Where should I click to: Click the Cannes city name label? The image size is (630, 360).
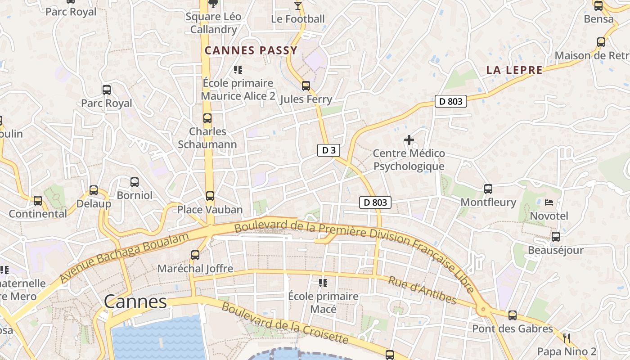click(x=135, y=301)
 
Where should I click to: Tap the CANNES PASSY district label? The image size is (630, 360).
click(x=251, y=50)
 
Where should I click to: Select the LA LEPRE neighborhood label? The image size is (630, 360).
click(x=514, y=70)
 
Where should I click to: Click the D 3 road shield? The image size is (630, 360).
click(x=328, y=150)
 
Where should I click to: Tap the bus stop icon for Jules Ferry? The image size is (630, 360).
click(x=306, y=85)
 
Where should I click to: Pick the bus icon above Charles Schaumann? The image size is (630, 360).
click(x=207, y=118)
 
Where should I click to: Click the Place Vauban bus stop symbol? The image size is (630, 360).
click(x=210, y=196)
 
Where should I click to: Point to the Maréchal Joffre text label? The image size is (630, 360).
click(x=195, y=269)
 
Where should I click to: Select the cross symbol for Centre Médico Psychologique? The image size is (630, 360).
click(x=409, y=140)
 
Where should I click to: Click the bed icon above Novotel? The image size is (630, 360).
click(x=549, y=202)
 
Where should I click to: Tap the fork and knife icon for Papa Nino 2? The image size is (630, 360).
click(x=567, y=338)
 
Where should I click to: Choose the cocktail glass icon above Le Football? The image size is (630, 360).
click(x=297, y=6)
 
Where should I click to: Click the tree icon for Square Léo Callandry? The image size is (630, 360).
click(x=213, y=4)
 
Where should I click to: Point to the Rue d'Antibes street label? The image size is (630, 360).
click(x=422, y=291)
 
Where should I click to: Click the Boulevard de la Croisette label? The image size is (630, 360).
click(x=285, y=324)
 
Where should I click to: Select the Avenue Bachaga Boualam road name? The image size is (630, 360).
click(x=124, y=258)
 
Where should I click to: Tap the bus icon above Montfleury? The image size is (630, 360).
click(x=488, y=189)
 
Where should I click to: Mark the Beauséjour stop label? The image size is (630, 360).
click(x=555, y=250)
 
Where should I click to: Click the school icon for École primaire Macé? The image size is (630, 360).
click(x=323, y=283)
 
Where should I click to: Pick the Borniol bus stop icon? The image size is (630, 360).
click(x=134, y=182)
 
